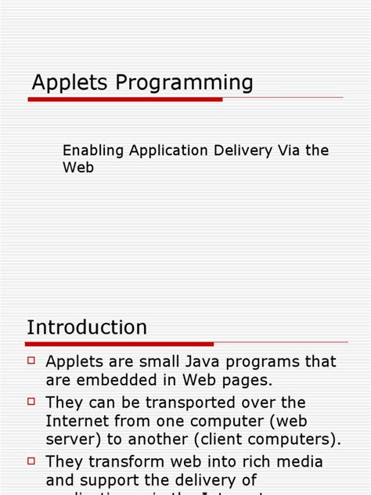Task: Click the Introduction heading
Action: [87, 327]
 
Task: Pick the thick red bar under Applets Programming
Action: [125, 99]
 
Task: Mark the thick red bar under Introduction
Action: [120, 343]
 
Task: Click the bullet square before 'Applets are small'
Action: [31, 360]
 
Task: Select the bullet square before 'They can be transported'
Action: [31, 400]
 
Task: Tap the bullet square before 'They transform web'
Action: [31, 460]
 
